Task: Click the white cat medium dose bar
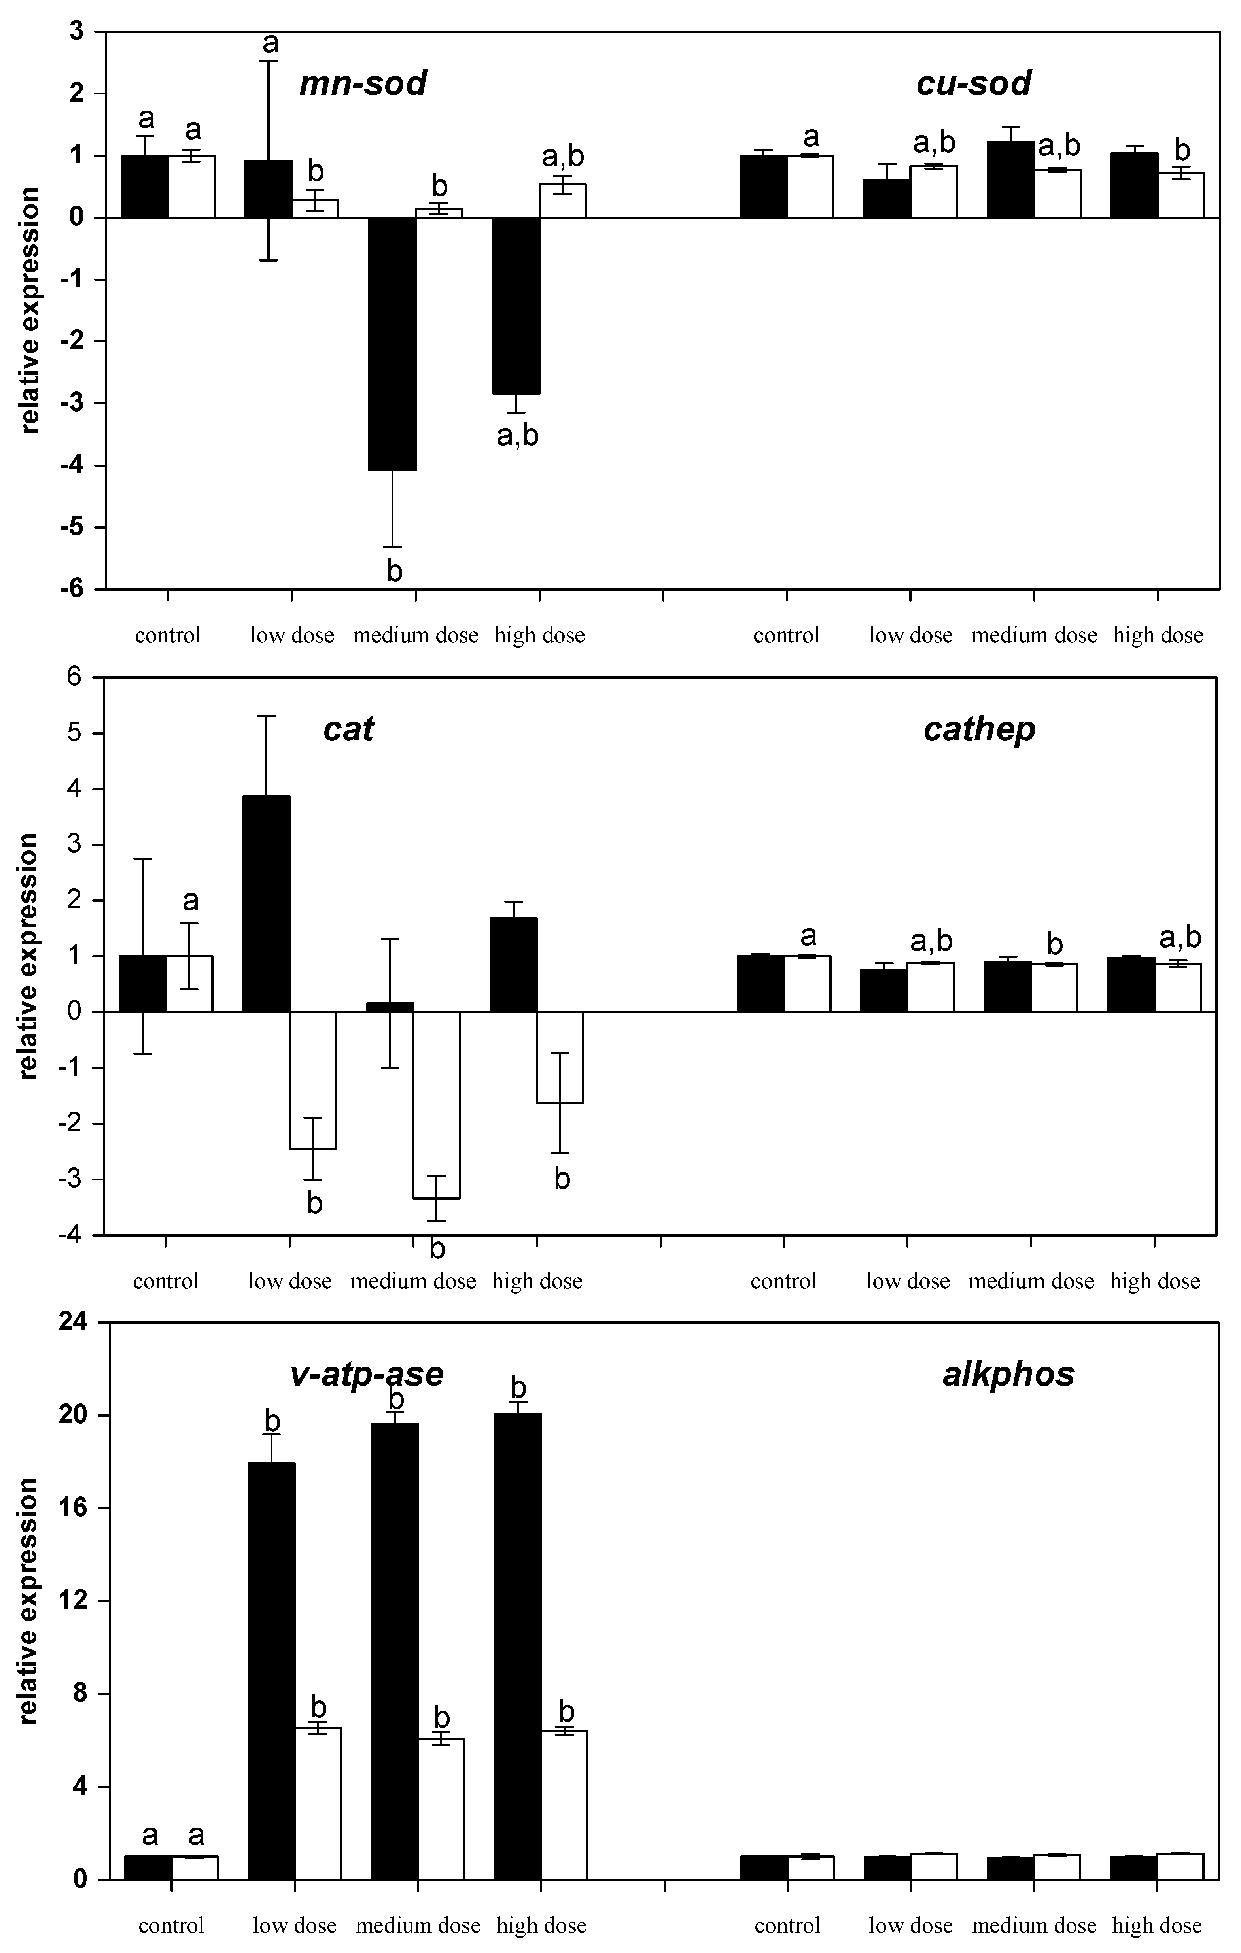point(436,1105)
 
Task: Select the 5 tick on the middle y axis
point(76,733)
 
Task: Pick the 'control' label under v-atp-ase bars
point(171,1925)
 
